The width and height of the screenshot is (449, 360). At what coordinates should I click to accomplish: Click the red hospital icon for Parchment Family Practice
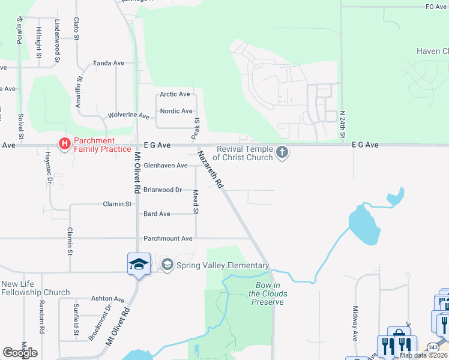point(64,144)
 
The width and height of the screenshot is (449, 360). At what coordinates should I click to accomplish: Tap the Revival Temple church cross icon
point(282,152)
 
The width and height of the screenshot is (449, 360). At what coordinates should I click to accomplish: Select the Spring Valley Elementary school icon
point(167,265)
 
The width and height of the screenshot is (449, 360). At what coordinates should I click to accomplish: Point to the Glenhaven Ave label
point(165,166)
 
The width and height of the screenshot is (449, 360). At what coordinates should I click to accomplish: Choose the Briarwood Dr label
point(162,190)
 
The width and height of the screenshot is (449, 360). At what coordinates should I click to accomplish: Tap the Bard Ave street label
point(157,214)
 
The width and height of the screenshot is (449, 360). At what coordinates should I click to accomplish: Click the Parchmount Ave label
point(167,238)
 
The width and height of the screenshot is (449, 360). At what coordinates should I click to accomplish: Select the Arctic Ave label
point(175,94)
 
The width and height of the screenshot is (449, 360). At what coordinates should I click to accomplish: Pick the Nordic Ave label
point(176,111)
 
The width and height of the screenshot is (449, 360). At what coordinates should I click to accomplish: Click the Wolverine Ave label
point(128,115)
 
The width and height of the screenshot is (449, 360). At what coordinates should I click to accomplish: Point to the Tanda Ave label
point(108,63)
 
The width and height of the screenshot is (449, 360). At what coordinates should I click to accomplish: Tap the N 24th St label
point(342,124)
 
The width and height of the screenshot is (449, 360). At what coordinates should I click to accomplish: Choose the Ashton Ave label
point(107,299)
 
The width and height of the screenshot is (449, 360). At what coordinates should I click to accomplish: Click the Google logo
point(20,352)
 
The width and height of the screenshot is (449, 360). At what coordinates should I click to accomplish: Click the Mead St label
point(196,202)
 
